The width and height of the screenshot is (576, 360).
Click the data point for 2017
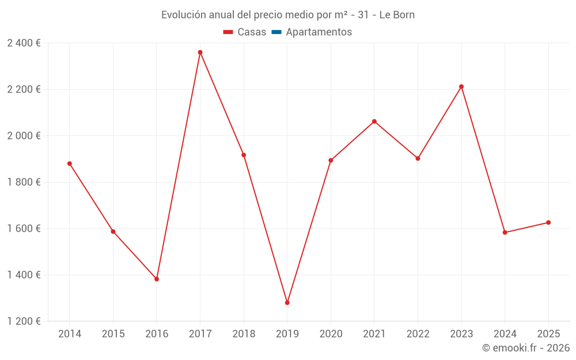(x=200, y=52)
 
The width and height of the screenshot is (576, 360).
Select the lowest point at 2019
(x=287, y=302)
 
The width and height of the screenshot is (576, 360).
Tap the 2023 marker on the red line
(x=461, y=86)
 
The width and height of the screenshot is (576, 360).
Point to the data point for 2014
(x=70, y=164)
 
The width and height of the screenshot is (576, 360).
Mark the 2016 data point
(x=157, y=279)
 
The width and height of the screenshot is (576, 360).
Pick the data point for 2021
(x=374, y=122)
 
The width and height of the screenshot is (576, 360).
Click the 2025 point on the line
(x=548, y=222)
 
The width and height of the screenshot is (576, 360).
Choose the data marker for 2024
(x=505, y=232)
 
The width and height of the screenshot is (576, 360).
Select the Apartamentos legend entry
(x=319, y=32)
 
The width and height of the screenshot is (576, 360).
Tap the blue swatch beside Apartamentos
(x=276, y=32)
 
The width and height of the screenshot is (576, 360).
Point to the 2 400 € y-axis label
(x=24, y=43)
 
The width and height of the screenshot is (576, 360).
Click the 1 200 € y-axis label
(x=24, y=321)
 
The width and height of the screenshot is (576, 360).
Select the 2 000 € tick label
(x=24, y=136)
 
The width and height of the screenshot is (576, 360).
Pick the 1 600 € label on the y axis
(x=24, y=229)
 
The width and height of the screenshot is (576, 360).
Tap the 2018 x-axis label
(x=244, y=334)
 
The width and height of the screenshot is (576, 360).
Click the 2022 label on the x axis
(x=418, y=334)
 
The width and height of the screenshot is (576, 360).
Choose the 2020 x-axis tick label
(x=331, y=334)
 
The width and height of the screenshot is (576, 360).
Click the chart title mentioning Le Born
(x=288, y=15)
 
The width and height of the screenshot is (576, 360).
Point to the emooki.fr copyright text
(x=526, y=348)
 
